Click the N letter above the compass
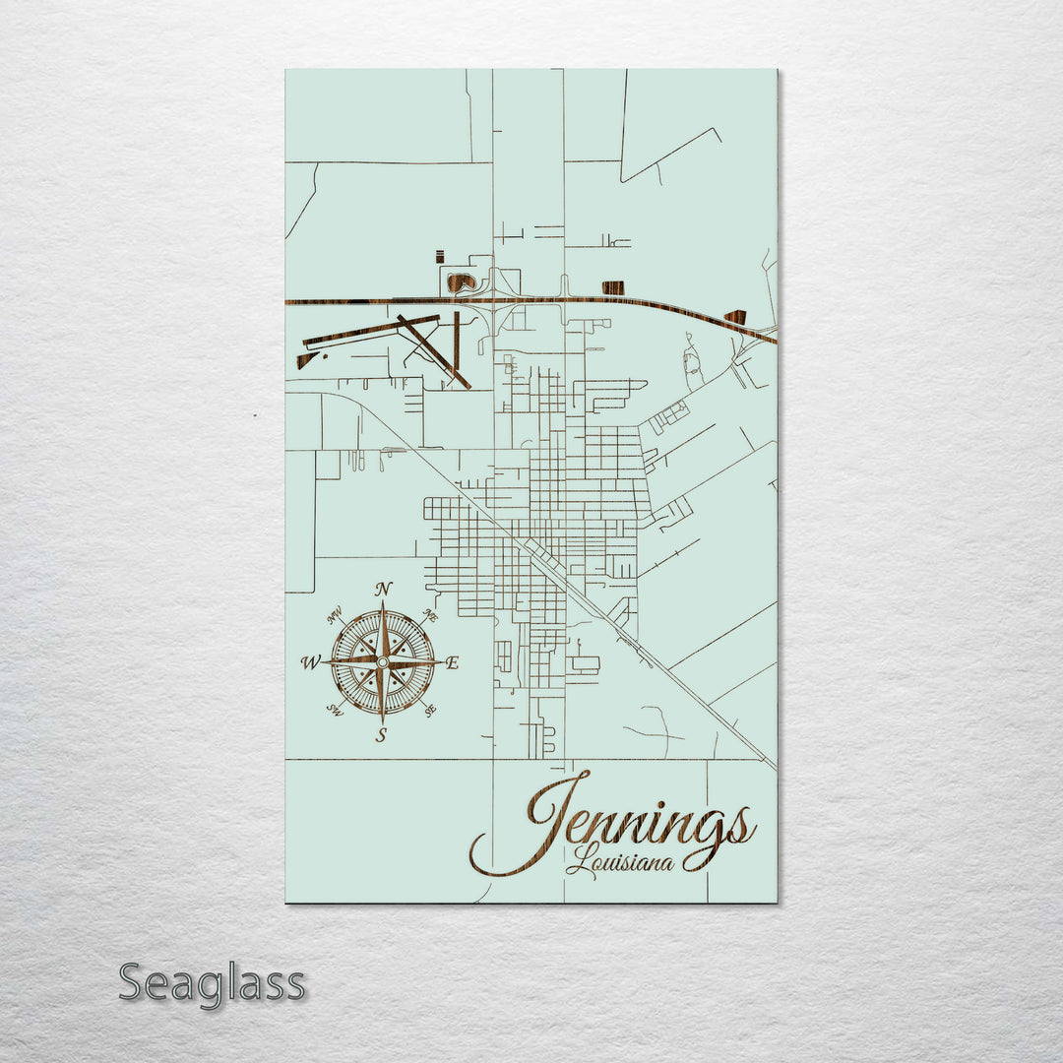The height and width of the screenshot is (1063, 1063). pos(384,590)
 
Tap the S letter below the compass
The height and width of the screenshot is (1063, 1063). pos(382,734)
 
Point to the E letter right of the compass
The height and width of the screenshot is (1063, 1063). pos(453,663)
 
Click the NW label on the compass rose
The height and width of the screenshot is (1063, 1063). pos(336,618)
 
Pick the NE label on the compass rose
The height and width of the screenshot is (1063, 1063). pos(429,616)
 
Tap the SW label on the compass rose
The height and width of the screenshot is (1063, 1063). pos(336,711)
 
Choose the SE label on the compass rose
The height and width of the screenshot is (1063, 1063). pos(430,709)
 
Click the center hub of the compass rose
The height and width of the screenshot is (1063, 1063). pos(382,663)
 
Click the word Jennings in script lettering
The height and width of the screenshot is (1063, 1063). pos(640,822)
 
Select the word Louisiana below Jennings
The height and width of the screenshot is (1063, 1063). pos(621,863)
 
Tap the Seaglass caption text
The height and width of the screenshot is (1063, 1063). pos(212,983)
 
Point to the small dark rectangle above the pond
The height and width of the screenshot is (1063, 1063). pos(439,257)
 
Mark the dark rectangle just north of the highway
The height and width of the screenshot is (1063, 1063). pos(612,287)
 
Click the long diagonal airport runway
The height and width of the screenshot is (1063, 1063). pos(434,351)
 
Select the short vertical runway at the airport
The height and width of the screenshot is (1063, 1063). pos(457,340)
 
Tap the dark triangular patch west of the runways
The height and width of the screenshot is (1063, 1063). pos(306,361)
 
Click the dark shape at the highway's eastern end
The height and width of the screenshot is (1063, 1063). pos(734,317)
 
